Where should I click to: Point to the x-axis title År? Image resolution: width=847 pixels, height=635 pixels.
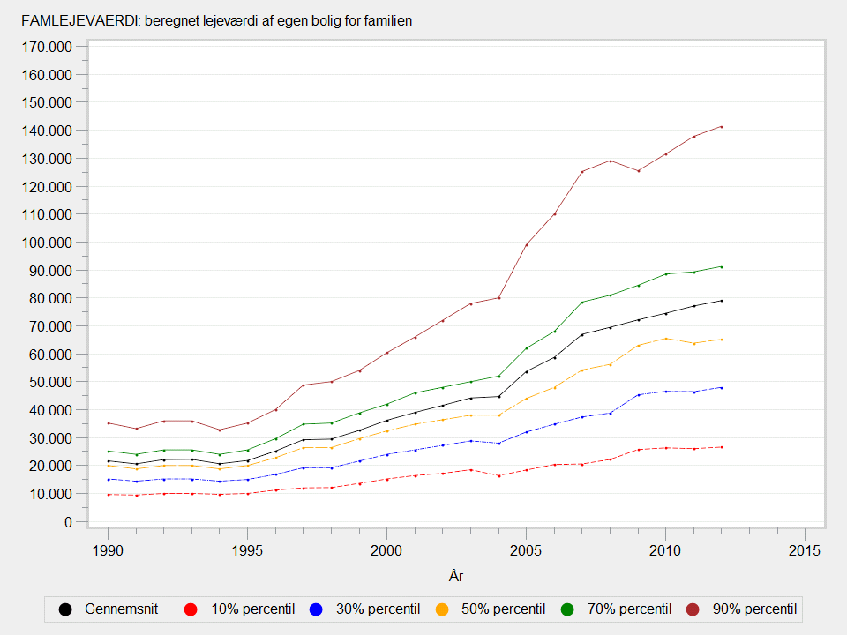(x=456, y=577)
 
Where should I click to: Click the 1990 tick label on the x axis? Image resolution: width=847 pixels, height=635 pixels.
(x=108, y=550)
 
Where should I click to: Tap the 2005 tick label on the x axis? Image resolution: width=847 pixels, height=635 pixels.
(x=526, y=550)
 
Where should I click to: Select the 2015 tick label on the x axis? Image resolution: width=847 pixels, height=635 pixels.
(x=805, y=550)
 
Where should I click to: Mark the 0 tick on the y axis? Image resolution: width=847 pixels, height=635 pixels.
(x=67, y=522)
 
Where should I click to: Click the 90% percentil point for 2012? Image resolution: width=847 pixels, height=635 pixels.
(x=721, y=127)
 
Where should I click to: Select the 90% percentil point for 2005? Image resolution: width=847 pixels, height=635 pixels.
(x=526, y=245)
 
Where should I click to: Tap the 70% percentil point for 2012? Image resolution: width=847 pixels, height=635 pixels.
(x=721, y=266)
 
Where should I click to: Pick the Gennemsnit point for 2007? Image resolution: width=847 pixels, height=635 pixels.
(x=581, y=334)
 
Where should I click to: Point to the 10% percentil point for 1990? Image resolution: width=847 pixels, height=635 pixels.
(x=108, y=495)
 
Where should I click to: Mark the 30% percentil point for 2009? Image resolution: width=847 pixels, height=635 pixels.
(x=637, y=394)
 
